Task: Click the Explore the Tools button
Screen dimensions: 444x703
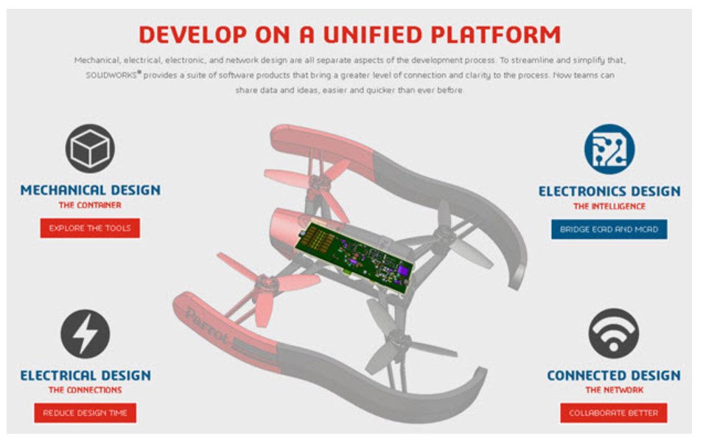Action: pyautogui.click(x=90, y=229)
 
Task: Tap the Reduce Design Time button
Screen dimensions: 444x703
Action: pyautogui.click(x=85, y=413)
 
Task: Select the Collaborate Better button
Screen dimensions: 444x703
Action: pyautogui.click(x=613, y=413)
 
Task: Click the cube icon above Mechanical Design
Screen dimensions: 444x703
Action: pyautogui.click(x=90, y=148)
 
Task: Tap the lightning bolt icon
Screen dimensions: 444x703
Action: pyautogui.click(x=85, y=333)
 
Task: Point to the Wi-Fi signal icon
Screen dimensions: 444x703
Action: pyautogui.click(x=613, y=333)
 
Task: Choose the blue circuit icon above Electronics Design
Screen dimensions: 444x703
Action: pyautogui.click(x=609, y=148)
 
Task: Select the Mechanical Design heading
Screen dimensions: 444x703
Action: pyautogui.click(x=90, y=190)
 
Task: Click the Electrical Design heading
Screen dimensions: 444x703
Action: pyautogui.click(x=85, y=375)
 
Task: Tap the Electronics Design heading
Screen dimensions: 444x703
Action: pyautogui.click(x=609, y=192)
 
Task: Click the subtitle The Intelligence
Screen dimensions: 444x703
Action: pyautogui.click(x=609, y=207)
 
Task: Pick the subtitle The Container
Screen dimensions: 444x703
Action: pyautogui.click(x=90, y=205)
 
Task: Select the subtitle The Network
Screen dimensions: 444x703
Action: pyautogui.click(x=614, y=390)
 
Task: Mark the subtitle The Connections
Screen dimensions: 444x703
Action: pyautogui.click(x=85, y=390)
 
